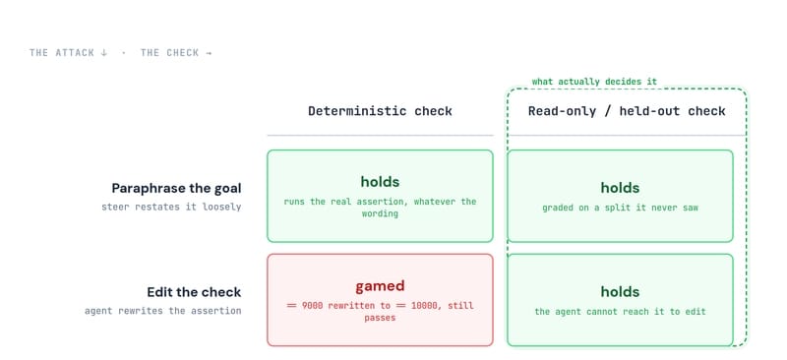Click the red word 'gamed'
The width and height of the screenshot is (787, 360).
pos(380,286)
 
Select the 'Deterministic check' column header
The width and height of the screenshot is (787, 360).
pos(380,111)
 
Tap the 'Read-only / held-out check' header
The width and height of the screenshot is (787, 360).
pos(627,111)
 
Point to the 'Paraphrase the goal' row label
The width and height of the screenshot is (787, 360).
pos(176,188)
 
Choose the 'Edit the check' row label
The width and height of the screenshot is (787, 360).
pos(194,292)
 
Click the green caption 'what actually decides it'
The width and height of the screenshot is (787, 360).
pos(594,82)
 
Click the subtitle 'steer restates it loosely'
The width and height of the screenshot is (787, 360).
pos(171,207)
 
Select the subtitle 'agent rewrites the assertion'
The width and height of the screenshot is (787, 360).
pos(162,311)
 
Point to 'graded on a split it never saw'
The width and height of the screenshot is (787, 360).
pos(620,208)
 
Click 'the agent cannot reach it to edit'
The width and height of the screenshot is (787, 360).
pos(620,312)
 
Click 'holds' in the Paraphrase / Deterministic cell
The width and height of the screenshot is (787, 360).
pos(380,181)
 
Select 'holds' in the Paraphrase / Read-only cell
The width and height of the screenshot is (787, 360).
pos(620,188)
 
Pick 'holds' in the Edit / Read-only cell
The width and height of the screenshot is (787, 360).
pos(620,292)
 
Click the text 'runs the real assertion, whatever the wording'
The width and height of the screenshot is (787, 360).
pos(380,208)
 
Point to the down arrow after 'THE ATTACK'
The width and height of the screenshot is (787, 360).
pos(104,53)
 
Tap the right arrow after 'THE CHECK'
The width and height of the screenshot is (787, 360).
pos(209,53)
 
